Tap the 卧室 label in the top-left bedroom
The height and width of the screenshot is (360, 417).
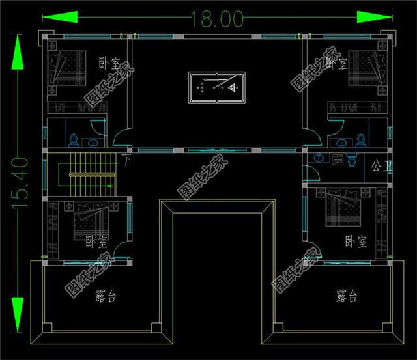tap(109, 64)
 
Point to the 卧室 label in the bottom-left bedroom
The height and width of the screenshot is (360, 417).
tap(96, 243)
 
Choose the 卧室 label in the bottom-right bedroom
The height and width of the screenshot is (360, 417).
tap(356, 242)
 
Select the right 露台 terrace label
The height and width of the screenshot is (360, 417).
tap(347, 298)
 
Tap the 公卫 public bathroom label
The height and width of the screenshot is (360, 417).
tap(377, 165)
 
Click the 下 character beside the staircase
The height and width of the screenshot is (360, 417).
tap(126, 158)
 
